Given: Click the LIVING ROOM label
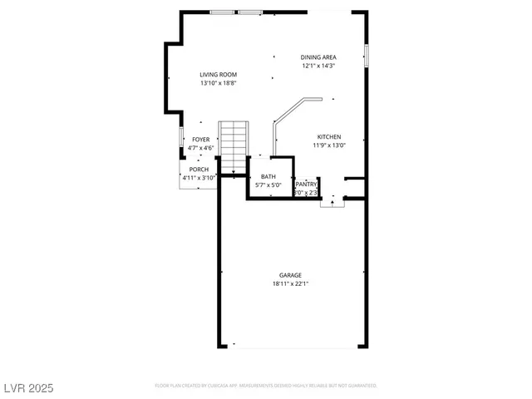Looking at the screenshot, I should point(218,75).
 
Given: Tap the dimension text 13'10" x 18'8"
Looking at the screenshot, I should point(218,83).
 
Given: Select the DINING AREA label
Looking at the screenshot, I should point(318,57).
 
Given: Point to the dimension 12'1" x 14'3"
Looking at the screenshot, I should point(318,66).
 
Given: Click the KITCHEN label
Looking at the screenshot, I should point(328,137).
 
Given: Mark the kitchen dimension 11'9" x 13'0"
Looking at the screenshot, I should point(328,145).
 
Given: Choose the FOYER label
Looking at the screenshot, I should point(201,140).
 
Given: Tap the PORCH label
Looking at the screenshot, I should point(199,170).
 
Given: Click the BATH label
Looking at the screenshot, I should point(268,176).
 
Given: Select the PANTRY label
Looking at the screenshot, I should point(307,185).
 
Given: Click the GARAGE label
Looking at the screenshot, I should point(290,275).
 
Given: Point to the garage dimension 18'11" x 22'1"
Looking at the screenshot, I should point(290,283).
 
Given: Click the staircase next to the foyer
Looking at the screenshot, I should point(234,146).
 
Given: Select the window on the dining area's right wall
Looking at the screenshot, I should point(366,55).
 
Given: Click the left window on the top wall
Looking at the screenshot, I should point(222,12).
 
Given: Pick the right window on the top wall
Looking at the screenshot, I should point(251,12).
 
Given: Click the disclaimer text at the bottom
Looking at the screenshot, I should point(266,386).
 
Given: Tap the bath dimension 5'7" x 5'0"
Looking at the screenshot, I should point(268,185).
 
